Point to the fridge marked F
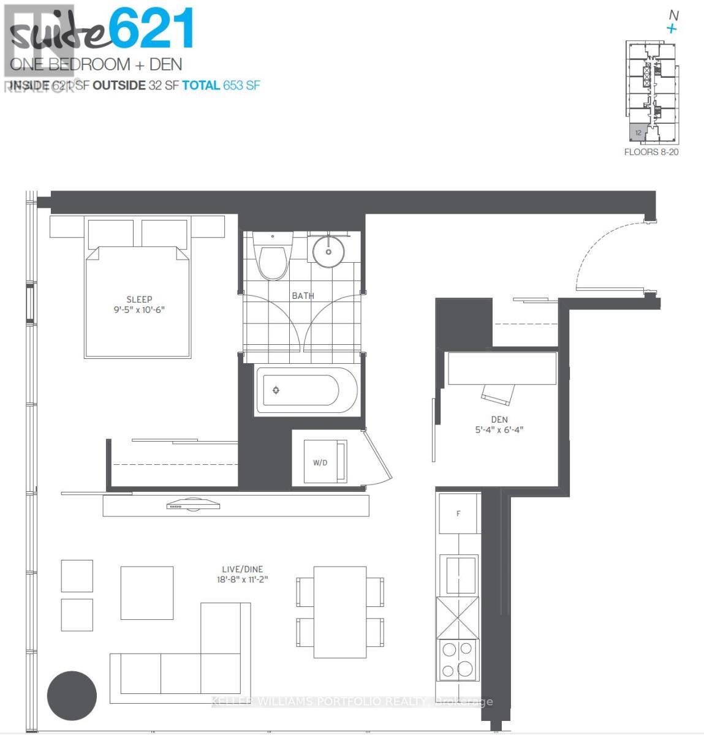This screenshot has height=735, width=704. [x=458, y=513]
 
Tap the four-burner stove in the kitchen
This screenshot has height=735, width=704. [x=458, y=660]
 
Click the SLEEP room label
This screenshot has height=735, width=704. [x=139, y=300]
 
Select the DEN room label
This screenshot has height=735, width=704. [x=499, y=420]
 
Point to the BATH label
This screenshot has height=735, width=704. [x=303, y=296]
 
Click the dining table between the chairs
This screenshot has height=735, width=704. [x=340, y=611]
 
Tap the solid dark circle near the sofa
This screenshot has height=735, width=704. [x=72, y=696]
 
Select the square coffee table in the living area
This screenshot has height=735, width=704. [x=146, y=592]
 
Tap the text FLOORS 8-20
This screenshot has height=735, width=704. [x=651, y=152]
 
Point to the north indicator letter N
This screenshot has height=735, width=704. [x=673, y=16]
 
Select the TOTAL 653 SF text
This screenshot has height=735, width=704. [x=221, y=85]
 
